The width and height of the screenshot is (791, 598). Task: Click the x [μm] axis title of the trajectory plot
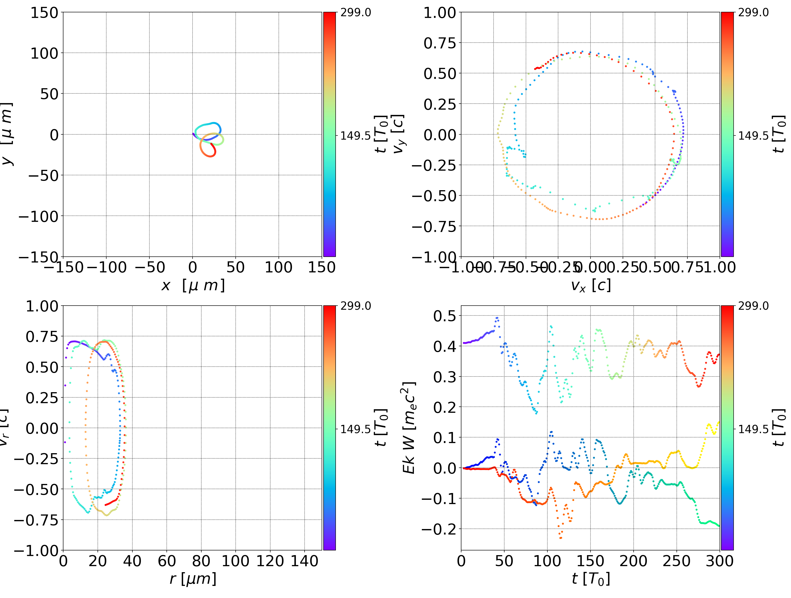193,286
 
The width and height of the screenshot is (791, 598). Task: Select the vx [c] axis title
591,286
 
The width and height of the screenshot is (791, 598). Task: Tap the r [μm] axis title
193,579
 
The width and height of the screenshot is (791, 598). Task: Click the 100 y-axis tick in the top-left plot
44,53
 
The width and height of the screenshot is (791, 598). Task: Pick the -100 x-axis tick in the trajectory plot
107,267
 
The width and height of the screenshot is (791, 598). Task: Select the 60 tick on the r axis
167,561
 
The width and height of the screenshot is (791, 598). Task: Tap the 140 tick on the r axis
304,561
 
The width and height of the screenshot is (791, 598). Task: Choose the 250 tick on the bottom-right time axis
676,561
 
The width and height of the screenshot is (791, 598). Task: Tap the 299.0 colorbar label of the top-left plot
355,13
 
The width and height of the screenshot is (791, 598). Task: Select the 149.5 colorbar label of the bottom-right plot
753,429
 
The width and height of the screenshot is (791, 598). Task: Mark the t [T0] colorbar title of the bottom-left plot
381,428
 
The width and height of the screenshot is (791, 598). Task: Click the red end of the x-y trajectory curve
211,144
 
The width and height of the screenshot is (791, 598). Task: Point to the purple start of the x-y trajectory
193,134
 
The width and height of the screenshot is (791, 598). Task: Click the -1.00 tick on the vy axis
434,257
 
